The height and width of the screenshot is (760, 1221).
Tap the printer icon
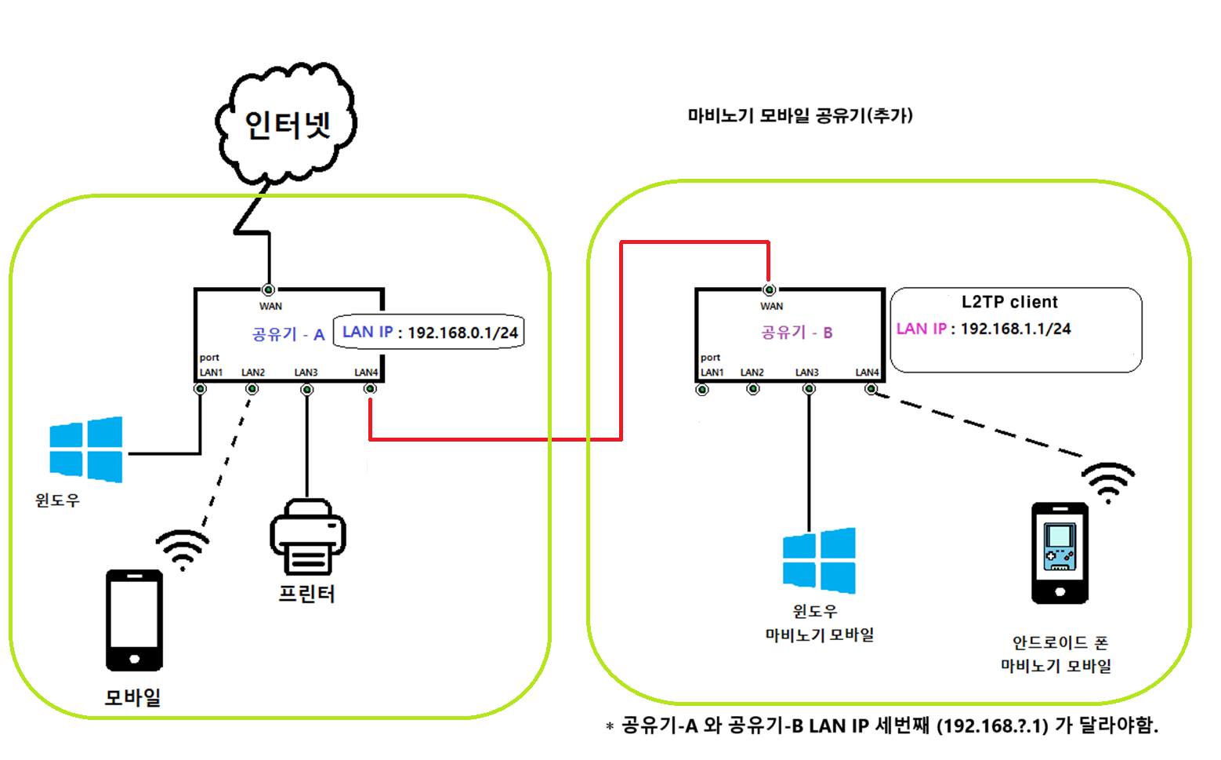point(308,537)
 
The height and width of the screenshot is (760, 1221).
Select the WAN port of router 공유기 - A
point(269,289)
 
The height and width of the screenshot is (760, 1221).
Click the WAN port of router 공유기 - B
point(770,289)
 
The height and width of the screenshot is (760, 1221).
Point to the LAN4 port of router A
point(370,388)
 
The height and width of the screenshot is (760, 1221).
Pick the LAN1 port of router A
point(201,388)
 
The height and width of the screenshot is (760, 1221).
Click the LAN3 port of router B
point(809,388)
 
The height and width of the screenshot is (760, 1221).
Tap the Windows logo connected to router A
point(86,449)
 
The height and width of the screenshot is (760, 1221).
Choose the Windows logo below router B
point(819,560)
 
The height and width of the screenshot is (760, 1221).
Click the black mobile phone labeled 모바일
point(135,620)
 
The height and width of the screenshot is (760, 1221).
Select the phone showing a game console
point(1060,553)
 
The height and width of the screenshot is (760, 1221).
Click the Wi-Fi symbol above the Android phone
point(1108,481)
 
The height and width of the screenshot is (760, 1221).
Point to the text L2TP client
point(1009,302)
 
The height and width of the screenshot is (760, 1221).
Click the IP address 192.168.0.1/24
point(462,333)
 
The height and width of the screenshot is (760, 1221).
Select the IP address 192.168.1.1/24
point(1016,329)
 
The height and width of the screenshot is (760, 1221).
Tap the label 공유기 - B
point(797,333)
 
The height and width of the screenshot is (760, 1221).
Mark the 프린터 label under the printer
point(307,594)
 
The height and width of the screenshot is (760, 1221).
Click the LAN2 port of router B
point(753,388)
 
